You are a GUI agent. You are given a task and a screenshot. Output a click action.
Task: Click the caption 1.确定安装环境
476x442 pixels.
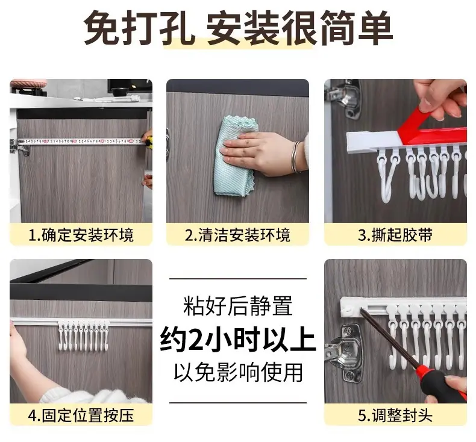click(81, 235)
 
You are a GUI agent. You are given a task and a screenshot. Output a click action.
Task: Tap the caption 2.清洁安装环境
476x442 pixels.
click(237, 235)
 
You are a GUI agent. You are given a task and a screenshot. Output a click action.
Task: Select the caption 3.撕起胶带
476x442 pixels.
click(395, 235)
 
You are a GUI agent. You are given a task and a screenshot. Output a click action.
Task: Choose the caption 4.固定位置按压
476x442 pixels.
click(81, 416)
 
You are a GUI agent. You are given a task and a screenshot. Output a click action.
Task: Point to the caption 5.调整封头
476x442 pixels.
click(395, 416)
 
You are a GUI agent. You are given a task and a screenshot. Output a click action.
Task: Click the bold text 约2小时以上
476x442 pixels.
click(238, 340)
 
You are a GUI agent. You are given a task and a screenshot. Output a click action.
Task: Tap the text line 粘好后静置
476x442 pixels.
click(238, 306)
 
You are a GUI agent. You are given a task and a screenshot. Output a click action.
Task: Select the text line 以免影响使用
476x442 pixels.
click(238, 372)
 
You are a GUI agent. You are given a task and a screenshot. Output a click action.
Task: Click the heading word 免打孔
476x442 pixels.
click(140, 28)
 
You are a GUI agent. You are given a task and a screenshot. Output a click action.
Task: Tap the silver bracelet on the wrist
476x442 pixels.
click(295, 157)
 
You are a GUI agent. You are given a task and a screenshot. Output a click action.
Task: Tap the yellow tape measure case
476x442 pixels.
click(149, 143)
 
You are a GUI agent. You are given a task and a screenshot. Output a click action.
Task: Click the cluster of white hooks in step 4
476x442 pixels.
click(83, 335)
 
